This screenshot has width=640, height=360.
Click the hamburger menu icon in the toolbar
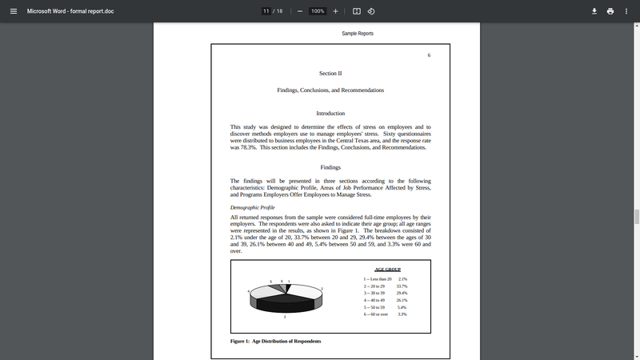coord(13,11)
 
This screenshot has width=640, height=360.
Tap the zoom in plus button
coord(335,11)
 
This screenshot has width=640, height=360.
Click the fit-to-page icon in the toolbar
coord(357,11)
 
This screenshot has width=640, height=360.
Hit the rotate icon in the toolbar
coord(372,11)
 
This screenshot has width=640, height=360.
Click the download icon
coord(594,11)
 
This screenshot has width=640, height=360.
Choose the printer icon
coord(610,11)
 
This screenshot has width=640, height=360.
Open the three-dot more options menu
coord(627,11)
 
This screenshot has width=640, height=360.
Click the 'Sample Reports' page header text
coord(358,34)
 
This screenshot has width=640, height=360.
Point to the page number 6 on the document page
coord(429,55)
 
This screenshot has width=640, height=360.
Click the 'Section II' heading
coord(330,73)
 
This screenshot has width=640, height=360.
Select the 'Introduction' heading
coord(330,114)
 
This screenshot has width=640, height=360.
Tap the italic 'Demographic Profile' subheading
coord(252,207)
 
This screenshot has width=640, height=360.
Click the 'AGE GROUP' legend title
coord(387,270)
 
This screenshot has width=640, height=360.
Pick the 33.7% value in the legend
coord(402,286)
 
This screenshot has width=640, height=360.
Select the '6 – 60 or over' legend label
coord(376,314)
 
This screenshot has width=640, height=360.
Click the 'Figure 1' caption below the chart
coord(275,341)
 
